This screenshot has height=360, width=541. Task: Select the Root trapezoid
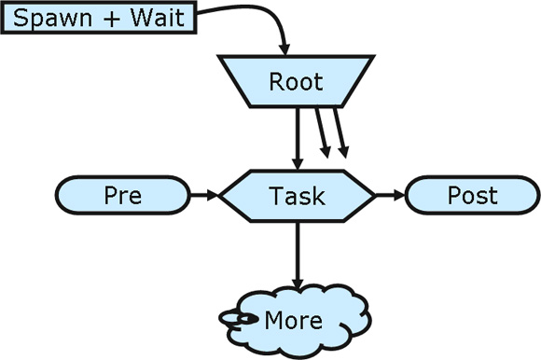296,82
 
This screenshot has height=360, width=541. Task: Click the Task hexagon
297,196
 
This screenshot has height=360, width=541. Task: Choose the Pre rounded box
122,196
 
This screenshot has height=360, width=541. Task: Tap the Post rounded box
472,196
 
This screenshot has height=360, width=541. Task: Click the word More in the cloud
294,321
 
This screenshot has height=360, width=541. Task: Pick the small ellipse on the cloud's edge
239,319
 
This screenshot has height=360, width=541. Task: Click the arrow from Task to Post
390,196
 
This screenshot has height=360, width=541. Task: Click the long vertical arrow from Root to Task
297,135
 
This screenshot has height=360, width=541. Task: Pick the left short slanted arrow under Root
321,131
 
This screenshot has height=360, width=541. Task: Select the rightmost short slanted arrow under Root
340,131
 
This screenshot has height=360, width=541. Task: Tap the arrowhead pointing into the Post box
400,196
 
